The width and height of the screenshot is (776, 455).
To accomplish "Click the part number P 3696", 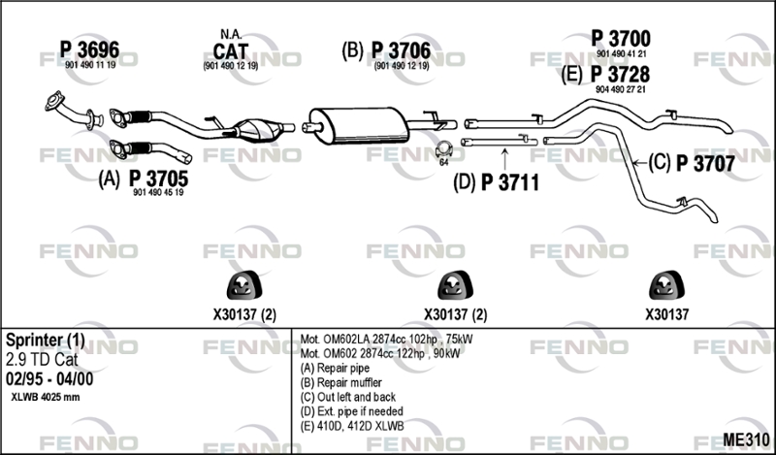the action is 89,49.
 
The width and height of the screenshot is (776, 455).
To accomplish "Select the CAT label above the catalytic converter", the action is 231,51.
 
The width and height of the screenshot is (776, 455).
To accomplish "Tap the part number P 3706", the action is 401,50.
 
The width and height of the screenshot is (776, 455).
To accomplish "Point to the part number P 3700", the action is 621,39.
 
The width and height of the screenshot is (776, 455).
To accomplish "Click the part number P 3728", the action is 620,75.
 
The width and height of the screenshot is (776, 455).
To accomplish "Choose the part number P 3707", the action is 705,163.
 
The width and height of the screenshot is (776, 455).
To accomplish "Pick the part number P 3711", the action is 510,182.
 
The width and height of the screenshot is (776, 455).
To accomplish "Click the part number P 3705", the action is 158,179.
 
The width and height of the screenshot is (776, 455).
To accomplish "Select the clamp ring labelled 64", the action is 443,149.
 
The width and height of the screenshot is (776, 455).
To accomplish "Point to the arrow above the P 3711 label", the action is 504,158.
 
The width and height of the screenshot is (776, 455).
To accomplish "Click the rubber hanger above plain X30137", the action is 666,285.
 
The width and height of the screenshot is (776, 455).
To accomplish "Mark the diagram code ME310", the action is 746,439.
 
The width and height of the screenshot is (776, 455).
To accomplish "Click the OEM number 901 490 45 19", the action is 158,193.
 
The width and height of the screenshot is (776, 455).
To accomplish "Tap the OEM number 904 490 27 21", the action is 621,89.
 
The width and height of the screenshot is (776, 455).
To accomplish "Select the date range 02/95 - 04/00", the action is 49,378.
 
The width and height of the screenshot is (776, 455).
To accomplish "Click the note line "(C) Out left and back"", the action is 348,397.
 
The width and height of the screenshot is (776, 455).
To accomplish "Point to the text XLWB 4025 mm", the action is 45,397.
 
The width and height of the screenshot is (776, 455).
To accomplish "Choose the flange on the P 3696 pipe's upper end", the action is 54,101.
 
